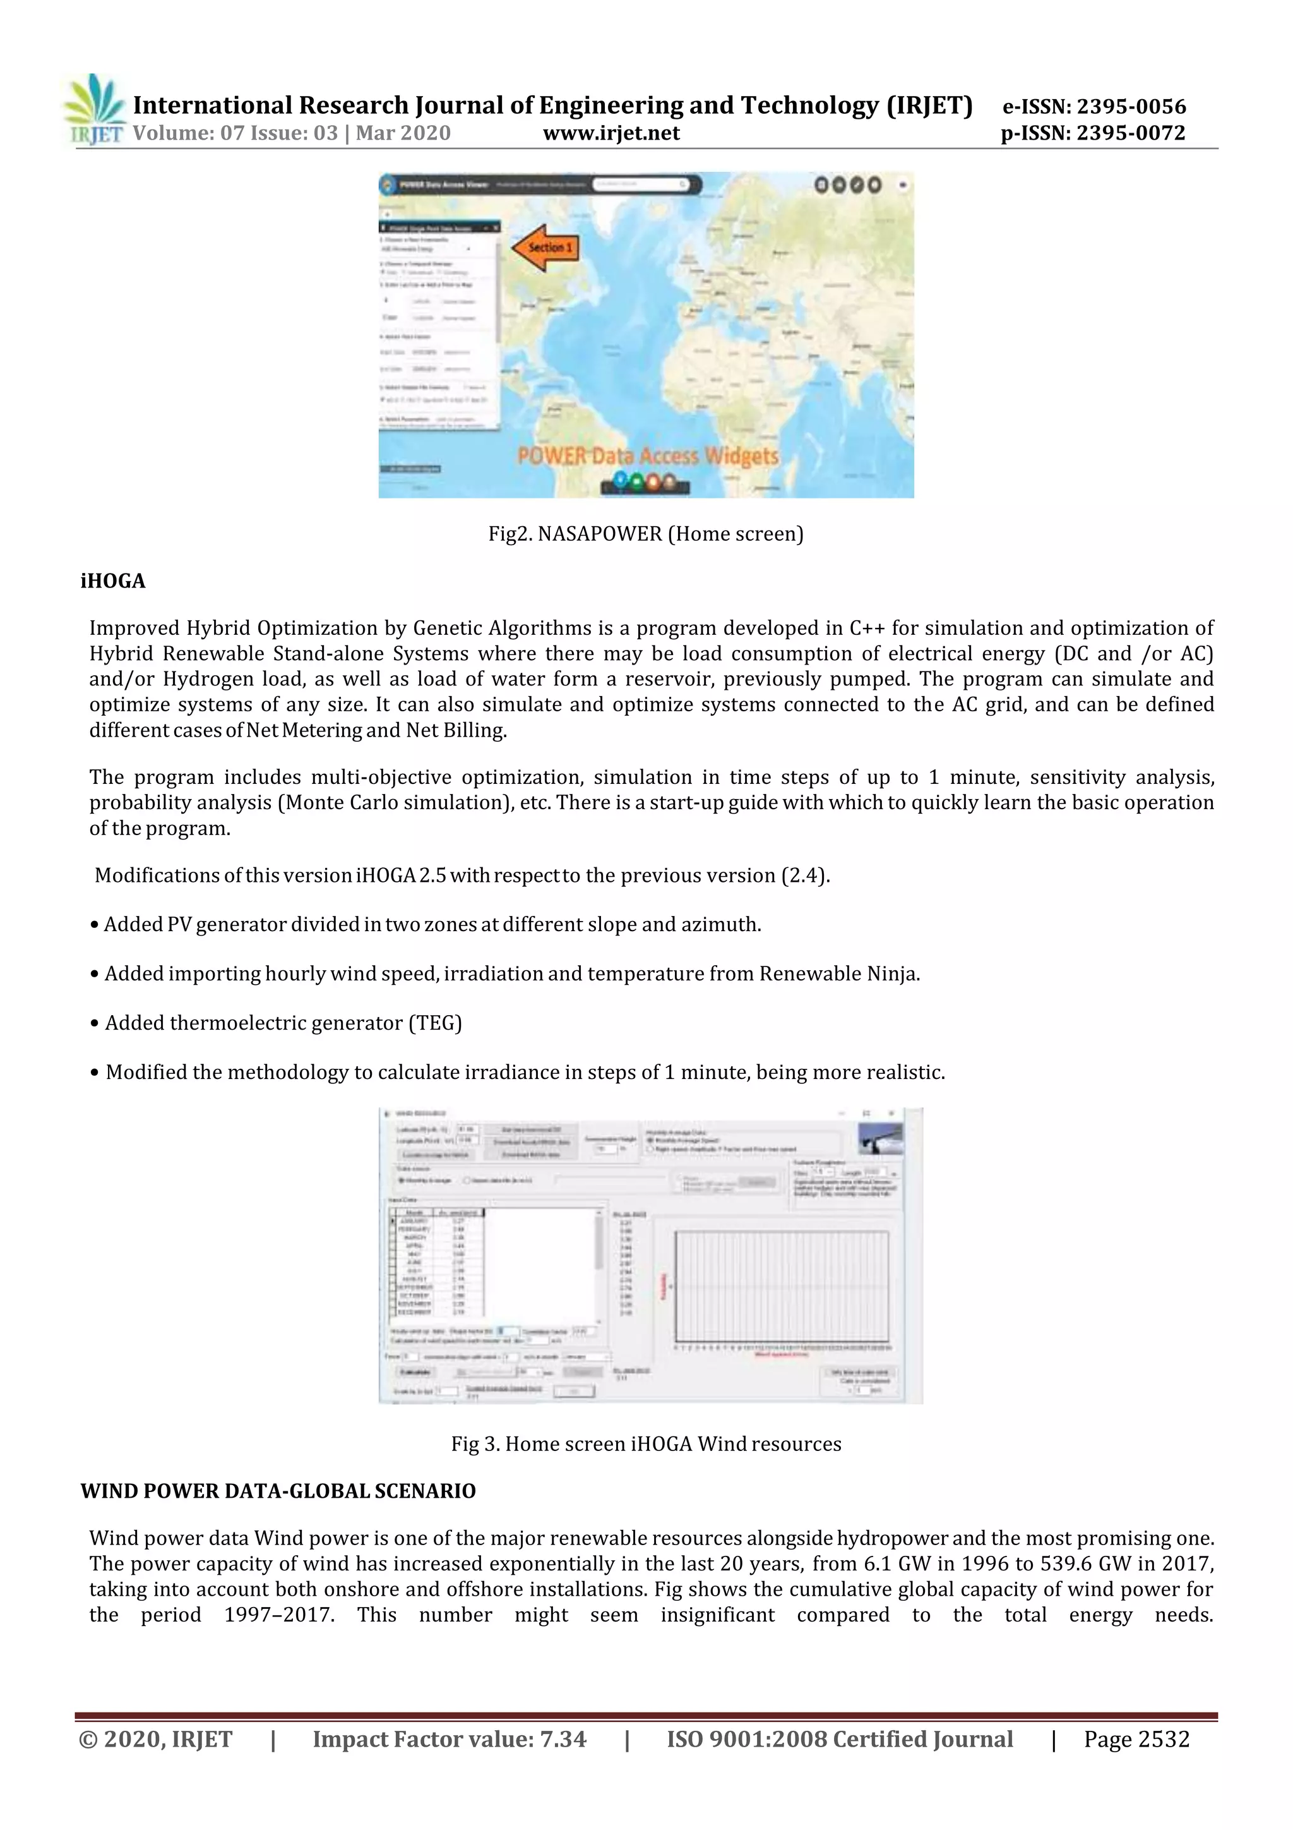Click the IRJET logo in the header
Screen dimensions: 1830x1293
point(95,110)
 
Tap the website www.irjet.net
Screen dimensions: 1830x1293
point(611,133)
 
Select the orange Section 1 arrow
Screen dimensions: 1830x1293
point(544,248)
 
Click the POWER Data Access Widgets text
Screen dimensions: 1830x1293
point(647,456)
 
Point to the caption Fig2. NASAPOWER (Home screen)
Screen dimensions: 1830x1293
point(645,534)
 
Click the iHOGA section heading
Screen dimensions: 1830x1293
point(113,581)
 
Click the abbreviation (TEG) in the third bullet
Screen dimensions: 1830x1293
point(435,1023)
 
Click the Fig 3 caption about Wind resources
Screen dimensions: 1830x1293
point(645,1444)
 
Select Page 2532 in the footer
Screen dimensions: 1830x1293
point(1136,1739)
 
